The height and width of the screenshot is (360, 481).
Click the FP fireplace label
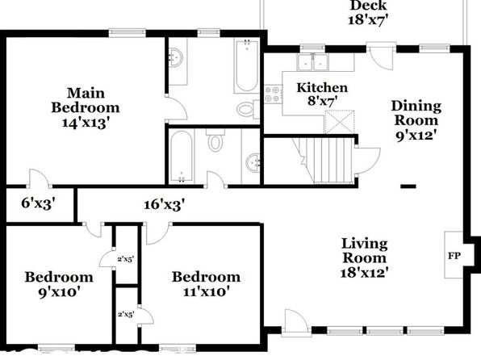click(454, 256)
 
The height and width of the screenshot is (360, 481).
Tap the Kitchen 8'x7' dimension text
click(322, 100)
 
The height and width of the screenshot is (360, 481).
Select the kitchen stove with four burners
click(273, 94)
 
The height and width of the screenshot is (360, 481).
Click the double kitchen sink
click(312, 62)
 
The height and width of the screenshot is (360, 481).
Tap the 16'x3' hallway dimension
click(165, 204)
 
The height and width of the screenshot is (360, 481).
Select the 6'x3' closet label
click(39, 203)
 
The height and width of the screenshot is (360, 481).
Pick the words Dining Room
click(416, 113)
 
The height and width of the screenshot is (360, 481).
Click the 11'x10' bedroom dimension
click(207, 291)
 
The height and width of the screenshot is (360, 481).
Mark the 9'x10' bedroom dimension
click(59, 291)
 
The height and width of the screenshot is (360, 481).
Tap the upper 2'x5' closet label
click(126, 259)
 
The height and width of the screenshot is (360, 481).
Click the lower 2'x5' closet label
click(126, 314)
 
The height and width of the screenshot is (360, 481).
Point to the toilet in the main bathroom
click(248, 109)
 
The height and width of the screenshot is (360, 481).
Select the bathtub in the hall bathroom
click(182, 156)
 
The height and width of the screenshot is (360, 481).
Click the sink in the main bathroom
click(177, 57)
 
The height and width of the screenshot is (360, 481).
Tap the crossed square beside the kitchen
click(339, 122)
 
